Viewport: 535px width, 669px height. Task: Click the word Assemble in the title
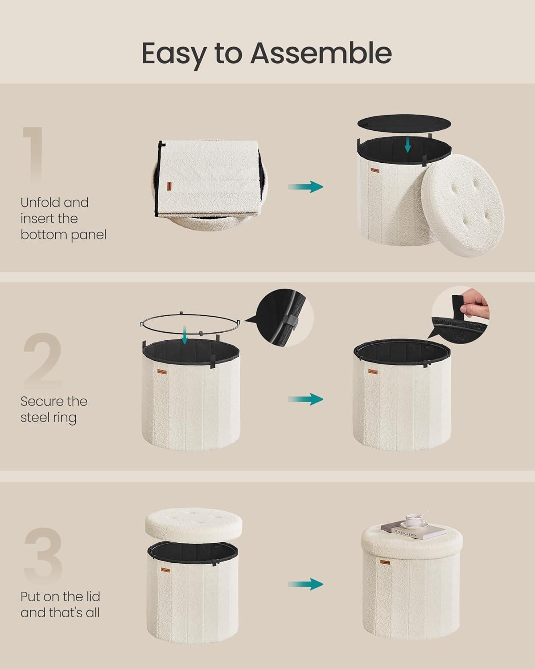(321, 54)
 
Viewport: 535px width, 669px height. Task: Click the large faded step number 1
(34, 154)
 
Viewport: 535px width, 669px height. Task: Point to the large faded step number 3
(43, 555)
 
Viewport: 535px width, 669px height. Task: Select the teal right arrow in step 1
(305, 186)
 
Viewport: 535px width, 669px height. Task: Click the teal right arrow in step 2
(305, 399)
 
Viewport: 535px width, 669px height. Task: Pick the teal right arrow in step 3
(305, 584)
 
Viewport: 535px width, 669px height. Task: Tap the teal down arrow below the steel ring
(185, 335)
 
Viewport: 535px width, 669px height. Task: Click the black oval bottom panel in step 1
(404, 124)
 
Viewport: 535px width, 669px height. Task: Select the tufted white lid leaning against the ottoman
(463, 206)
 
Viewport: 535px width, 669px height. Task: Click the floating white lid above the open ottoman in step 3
(193, 525)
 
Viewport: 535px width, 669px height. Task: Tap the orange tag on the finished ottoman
(385, 562)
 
